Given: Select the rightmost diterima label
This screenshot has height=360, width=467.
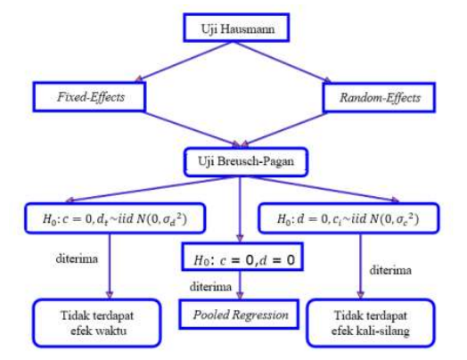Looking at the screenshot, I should pyautogui.click(x=392, y=266).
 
